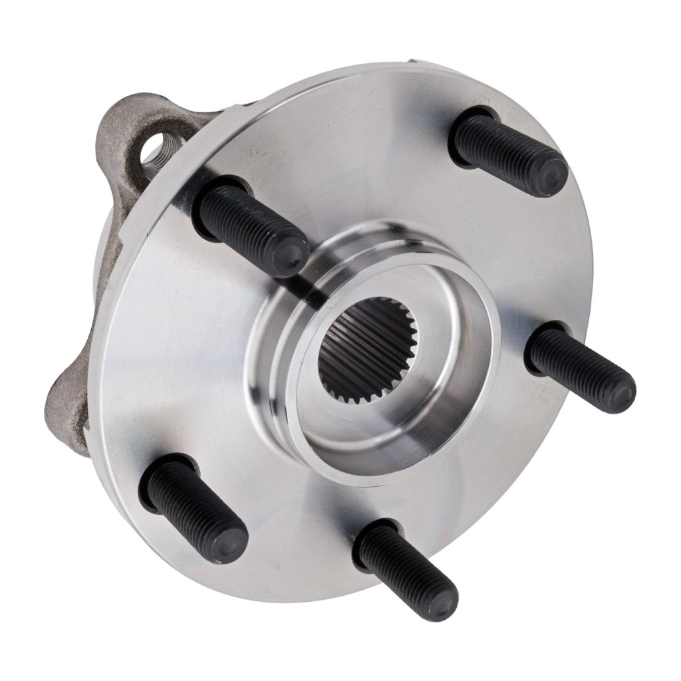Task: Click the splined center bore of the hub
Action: (366, 347)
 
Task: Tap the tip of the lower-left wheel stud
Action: (230, 545)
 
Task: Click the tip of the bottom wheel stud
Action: (441, 603)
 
